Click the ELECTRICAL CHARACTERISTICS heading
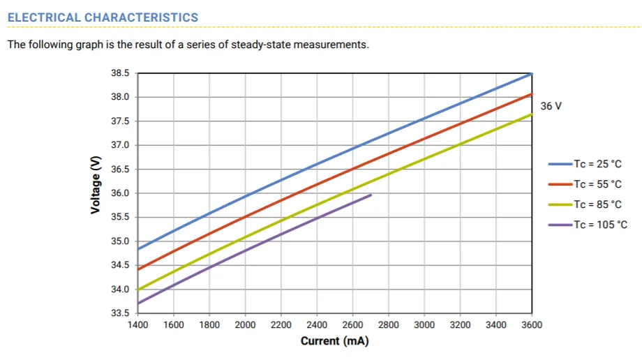tap(103, 17)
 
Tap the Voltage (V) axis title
tap(96, 185)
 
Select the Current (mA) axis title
tap(334, 340)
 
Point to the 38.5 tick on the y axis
tap(120, 73)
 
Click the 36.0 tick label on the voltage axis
tap(120, 193)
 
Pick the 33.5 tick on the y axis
tap(120, 313)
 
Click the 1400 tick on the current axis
tap(138, 325)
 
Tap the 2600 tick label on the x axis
tap(352, 325)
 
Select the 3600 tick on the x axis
tap(532, 325)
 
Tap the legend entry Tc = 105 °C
tap(588, 225)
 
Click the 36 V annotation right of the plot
tap(551, 106)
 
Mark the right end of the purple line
tap(371, 195)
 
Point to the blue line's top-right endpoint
tap(532, 74)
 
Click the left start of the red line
tap(138, 269)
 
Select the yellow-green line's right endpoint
tap(532, 114)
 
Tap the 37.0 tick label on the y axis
tap(120, 145)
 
